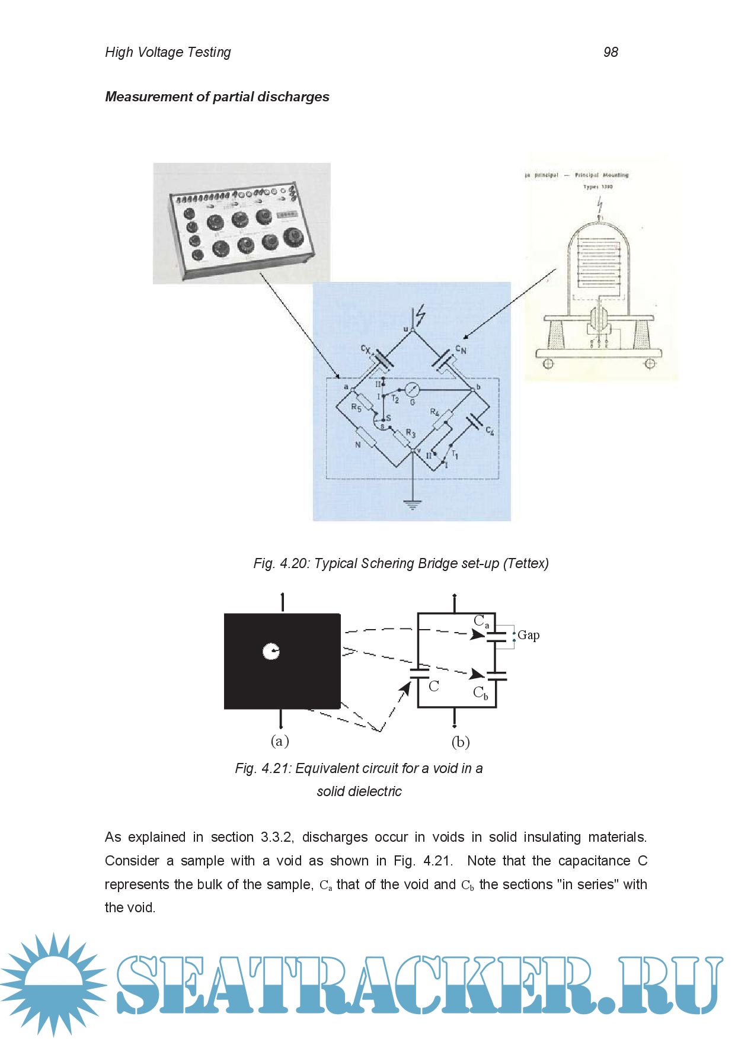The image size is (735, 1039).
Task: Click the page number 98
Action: pos(611,52)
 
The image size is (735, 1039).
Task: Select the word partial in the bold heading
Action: pos(232,97)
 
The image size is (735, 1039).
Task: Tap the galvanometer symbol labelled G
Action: pos(413,390)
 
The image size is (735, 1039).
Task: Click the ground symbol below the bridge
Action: pos(413,504)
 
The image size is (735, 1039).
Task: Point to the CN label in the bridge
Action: pos(461,349)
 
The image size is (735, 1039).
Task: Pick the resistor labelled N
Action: pos(366,438)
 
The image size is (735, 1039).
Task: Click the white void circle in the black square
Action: pos(271,652)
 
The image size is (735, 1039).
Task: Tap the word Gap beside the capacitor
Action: pos(528,635)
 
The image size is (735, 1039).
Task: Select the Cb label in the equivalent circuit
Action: pos(481,692)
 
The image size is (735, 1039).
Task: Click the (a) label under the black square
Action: pos(280,740)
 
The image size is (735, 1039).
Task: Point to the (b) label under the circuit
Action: pos(461,742)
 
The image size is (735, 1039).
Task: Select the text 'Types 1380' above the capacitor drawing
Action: pos(597,187)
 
